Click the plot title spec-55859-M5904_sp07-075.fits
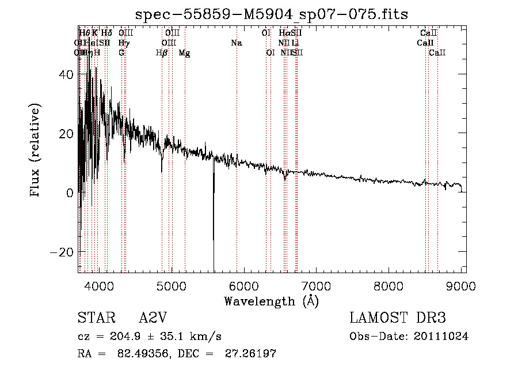tap(271, 14)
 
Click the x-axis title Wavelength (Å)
tap(271, 301)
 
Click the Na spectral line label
tap(237, 43)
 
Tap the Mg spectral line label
tap(185, 53)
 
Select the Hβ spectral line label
tap(162, 53)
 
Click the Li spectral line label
tap(295, 43)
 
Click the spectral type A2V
tap(153, 318)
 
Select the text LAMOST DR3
tap(398, 318)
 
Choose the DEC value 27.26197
tap(252, 354)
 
